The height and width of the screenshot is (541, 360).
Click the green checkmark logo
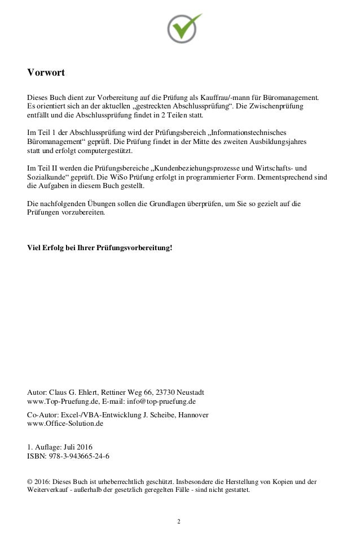point(184,27)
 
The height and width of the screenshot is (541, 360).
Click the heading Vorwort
point(46,73)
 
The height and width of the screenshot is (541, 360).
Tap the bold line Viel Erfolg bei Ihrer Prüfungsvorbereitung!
point(99,248)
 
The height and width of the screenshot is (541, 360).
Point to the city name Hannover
point(194,415)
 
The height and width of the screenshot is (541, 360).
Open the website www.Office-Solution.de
point(65,423)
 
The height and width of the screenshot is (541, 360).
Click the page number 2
point(179,521)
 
